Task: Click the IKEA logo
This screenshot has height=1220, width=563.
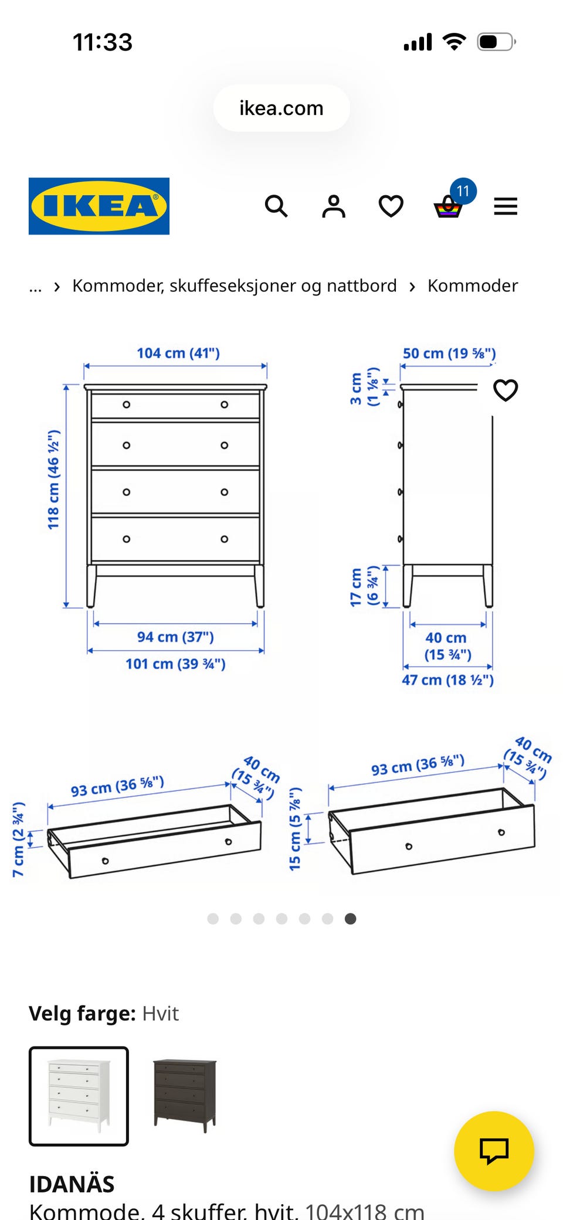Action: [x=99, y=206]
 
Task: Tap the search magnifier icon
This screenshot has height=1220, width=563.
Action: [x=276, y=206]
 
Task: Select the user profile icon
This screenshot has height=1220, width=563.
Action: [x=334, y=206]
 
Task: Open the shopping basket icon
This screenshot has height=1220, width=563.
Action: [x=448, y=207]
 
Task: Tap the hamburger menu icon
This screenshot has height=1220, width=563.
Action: [x=506, y=206]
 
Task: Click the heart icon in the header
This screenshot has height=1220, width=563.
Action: [x=391, y=206]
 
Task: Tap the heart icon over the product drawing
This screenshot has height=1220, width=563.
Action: [x=506, y=390]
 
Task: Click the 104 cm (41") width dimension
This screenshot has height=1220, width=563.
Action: [x=178, y=353]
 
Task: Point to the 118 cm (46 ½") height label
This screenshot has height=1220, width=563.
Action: [x=53, y=480]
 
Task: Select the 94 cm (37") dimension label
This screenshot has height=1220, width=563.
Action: [x=175, y=637]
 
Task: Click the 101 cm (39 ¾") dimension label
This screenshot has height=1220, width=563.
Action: [x=175, y=664]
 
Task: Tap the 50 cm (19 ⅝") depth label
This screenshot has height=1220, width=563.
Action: [x=449, y=354]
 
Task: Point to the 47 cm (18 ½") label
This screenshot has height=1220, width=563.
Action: [x=447, y=680]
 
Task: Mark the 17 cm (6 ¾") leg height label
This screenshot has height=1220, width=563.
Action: [x=364, y=586]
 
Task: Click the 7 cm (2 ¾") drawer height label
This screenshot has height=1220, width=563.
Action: [x=18, y=840]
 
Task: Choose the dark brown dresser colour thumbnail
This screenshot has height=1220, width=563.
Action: [x=185, y=1096]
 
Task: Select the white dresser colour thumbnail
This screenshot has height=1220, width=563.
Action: [x=79, y=1096]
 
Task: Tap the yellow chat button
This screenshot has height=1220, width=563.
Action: [x=494, y=1151]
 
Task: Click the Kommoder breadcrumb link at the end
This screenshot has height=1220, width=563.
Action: [x=473, y=286]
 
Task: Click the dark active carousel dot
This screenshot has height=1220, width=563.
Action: [x=350, y=919]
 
